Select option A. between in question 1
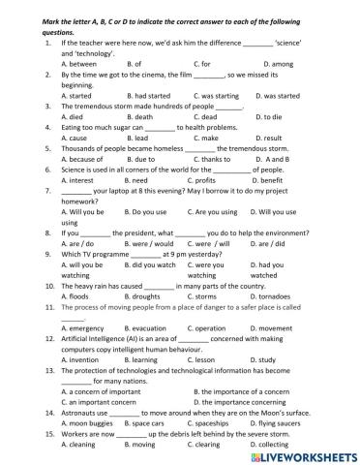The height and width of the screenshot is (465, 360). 78,63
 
